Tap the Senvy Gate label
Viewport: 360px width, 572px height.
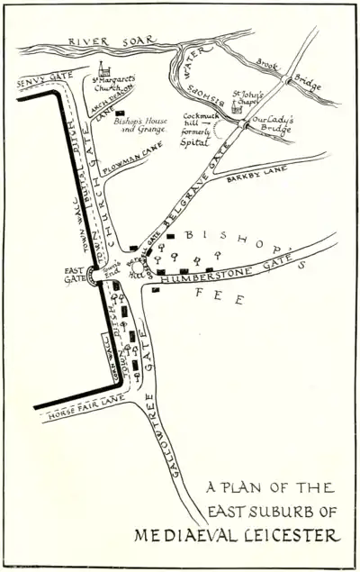point(43,80)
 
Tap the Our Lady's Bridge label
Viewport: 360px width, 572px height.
point(273,120)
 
